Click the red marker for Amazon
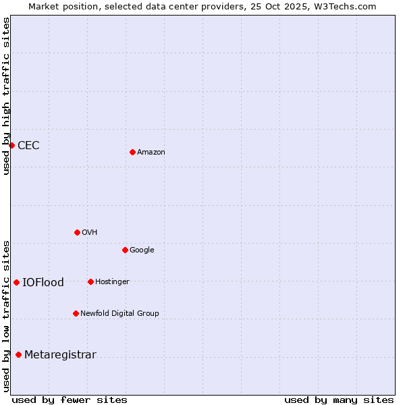pyautogui.click(x=132, y=152)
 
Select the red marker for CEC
pyautogui.click(x=11, y=145)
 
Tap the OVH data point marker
pyautogui.click(x=77, y=232)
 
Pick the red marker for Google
pyautogui.click(x=125, y=250)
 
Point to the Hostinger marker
pyautogui.click(x=90, y=281)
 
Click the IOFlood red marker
pyautogui.click(x=16, y=282)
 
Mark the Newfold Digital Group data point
pyautogui.click(x=76, y=313)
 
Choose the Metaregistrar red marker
pyautogui.click(x=18, y=354)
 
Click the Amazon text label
pyautogui.click(x=151, y=153)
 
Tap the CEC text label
pyautogui.click(x=28, y=146)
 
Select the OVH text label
pyautogui.click(x=90, y=233)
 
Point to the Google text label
pyautogui.click(x=142, y=250)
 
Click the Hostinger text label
pyautogui.click(x=112, y=282)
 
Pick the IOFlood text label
pyautogui.click(x=43, y=283)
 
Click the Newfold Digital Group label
pyautogui.click(x=119, y=314)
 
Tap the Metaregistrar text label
pyautogui.click(x=60, y=355)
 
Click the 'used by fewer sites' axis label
pyautogui.click(x=70, y=400)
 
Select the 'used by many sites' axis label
pyautogui.click(x=339, y=400)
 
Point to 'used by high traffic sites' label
pyautogui.click(x=7, y=96)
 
